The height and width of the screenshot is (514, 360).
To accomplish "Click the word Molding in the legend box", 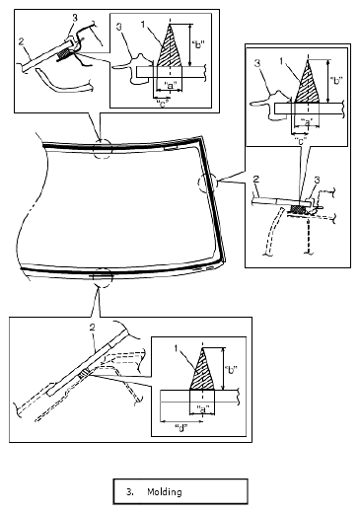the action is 165,492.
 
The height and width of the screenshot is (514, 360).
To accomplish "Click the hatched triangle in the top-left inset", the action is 170,49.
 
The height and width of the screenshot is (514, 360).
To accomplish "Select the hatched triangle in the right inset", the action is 308,84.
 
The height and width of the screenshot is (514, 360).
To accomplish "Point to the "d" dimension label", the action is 180,428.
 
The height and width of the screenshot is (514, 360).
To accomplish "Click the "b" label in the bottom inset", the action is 233,370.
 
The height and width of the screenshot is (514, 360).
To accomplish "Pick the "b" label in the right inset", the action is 336,81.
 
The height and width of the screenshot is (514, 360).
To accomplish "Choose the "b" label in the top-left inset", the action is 198,44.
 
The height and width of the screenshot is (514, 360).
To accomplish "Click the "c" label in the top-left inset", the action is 161,105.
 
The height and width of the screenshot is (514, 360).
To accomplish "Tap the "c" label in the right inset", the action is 301,141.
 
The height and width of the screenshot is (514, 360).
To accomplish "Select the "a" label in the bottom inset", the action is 202,409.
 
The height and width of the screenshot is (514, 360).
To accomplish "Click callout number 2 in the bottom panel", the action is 92,328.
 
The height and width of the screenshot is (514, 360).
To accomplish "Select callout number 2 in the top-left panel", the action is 21,41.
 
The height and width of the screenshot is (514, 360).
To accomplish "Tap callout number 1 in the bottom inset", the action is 177,349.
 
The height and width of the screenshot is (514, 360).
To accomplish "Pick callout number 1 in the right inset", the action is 281,61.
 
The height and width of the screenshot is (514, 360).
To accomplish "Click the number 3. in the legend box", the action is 130,492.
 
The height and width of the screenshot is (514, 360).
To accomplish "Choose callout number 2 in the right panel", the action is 256,180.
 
